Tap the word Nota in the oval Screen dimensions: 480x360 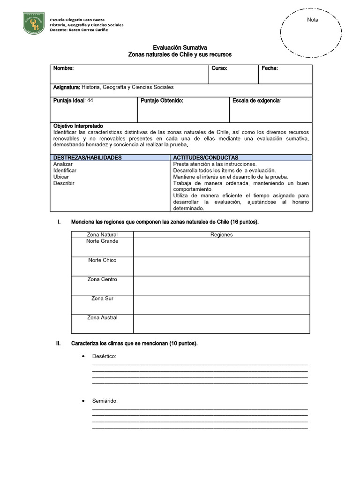[x=313, y=20]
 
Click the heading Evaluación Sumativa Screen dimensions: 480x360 [x=180, y=48]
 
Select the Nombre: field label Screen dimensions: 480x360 [x=63, y=68]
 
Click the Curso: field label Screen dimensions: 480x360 [x=219, y=68]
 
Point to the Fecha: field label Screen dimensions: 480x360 [x=270, y=68]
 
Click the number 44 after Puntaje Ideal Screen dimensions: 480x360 [x=90, y=100]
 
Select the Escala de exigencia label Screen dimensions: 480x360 [x=256, y=100]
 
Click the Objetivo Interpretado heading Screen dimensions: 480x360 [x=78, y=126]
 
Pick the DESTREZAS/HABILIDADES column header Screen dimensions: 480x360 [x=88, y=157]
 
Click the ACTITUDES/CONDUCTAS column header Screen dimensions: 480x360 [x=206, y=157]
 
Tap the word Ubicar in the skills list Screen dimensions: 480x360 [x=61, y=177]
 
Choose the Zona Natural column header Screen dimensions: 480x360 [x=102, y=234]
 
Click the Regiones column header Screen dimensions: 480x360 [x=222, y=234]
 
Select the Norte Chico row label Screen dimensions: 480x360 [x=102, y=260]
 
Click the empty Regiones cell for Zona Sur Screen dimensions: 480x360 [x=222, y=304]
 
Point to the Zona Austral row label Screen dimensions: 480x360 [x=102, y=318]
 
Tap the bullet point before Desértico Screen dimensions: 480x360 [x=83, y=357]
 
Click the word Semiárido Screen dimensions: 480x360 [x=105, y=401]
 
